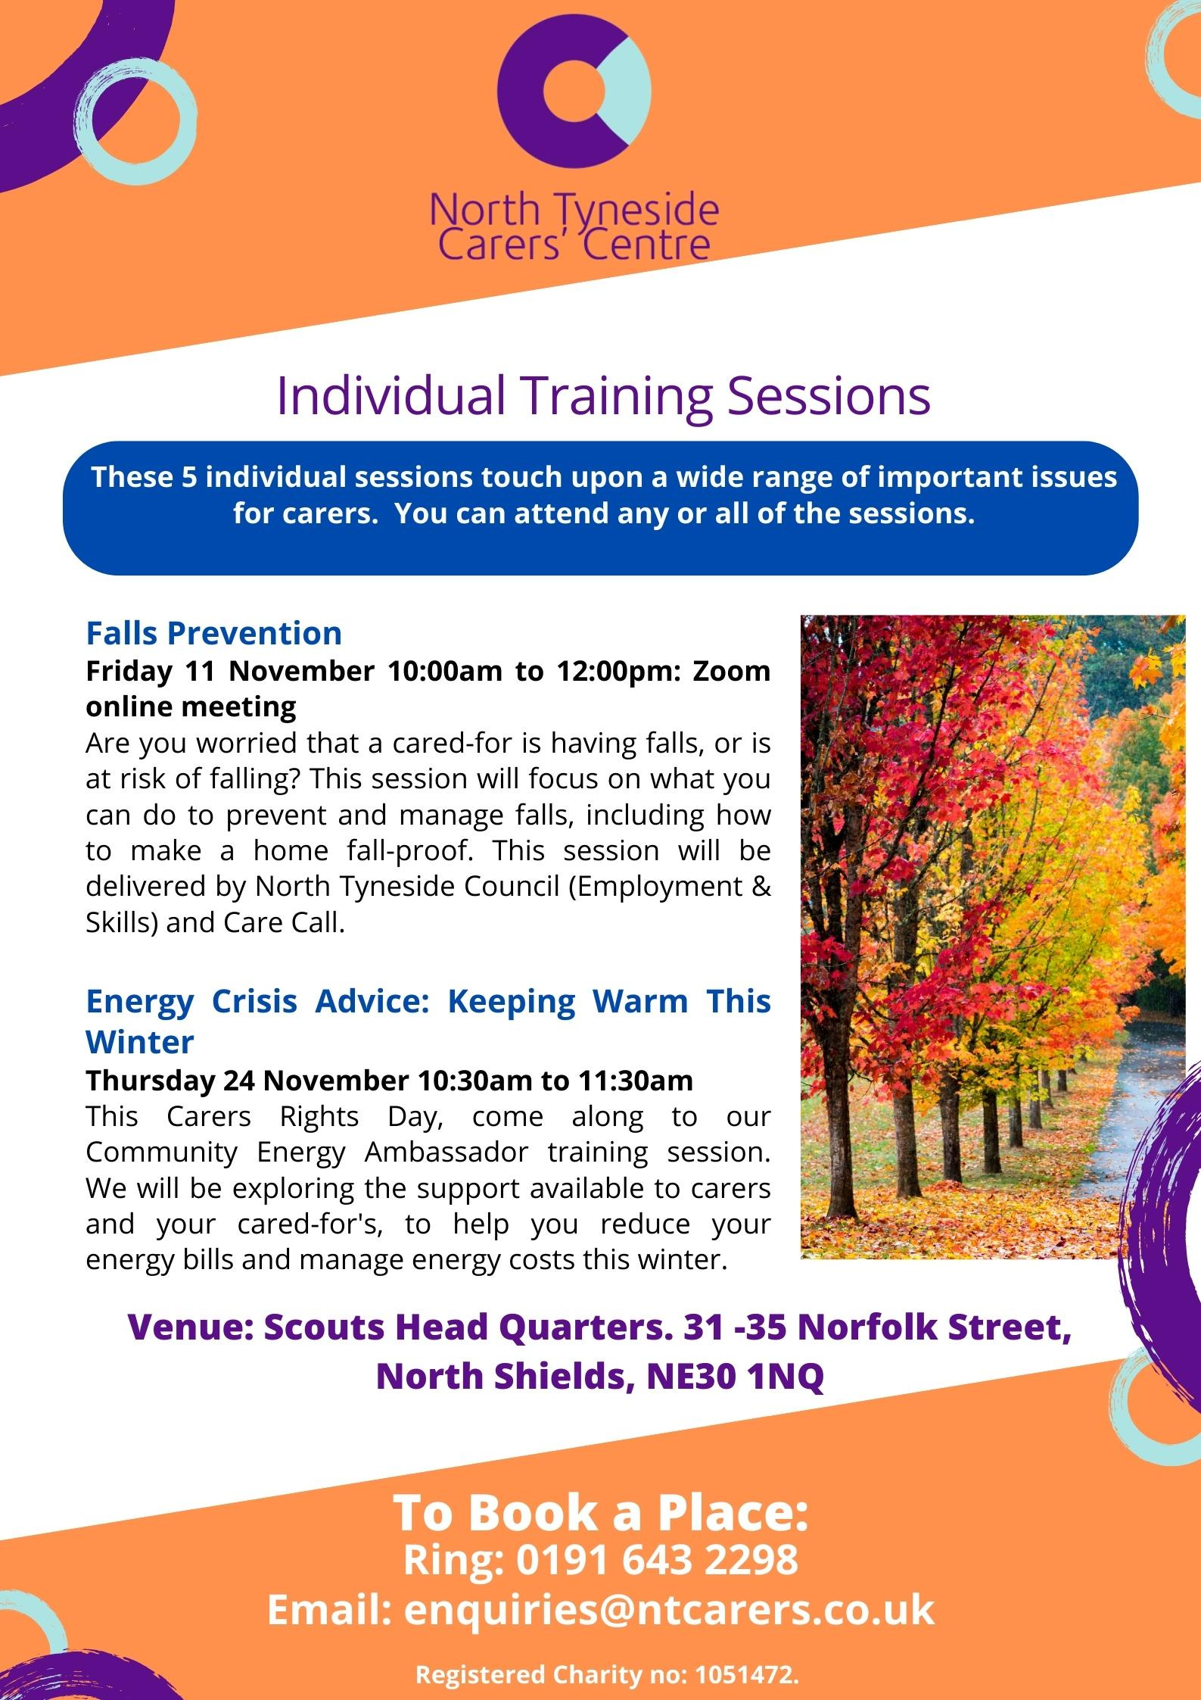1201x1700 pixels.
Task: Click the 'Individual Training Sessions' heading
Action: tap(603, 395)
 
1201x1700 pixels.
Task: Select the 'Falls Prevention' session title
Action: tap(213, 632)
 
